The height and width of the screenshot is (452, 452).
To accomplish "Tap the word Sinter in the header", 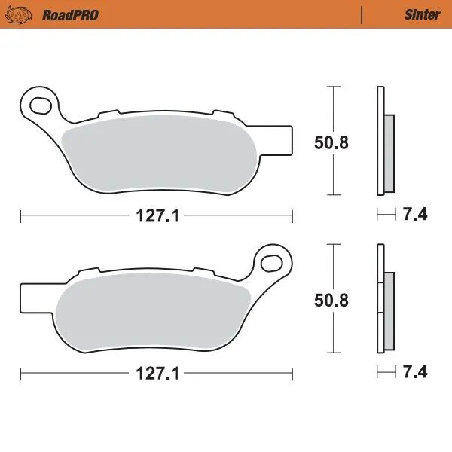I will pyautogui.click(x=422, y=14).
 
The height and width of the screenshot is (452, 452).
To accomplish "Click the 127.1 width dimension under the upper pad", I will pyautogui.click(x=156, y=215).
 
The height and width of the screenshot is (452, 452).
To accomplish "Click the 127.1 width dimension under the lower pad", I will pyautogui.click(x=156, y=373).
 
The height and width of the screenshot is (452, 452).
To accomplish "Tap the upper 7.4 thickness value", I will pyautogui.click(x=416, y=215).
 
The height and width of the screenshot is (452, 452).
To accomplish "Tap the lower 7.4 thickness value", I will pyautogui.click(x=416, y=373).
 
